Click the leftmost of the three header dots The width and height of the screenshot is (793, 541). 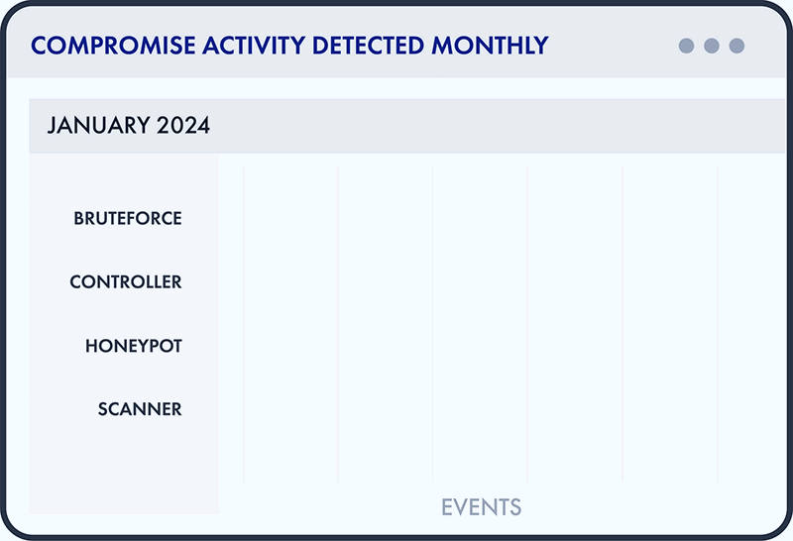pos(686,46)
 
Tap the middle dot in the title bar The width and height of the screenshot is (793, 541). pos(711,46)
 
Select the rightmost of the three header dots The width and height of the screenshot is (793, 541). pos(736,46)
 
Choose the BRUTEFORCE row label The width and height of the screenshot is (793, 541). pos(128,218)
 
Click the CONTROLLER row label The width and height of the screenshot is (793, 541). pos(126,282)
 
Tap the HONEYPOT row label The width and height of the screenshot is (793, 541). pos(134,346)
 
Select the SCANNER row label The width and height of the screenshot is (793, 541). pos(140,409)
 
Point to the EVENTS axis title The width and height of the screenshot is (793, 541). pos(481,507)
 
